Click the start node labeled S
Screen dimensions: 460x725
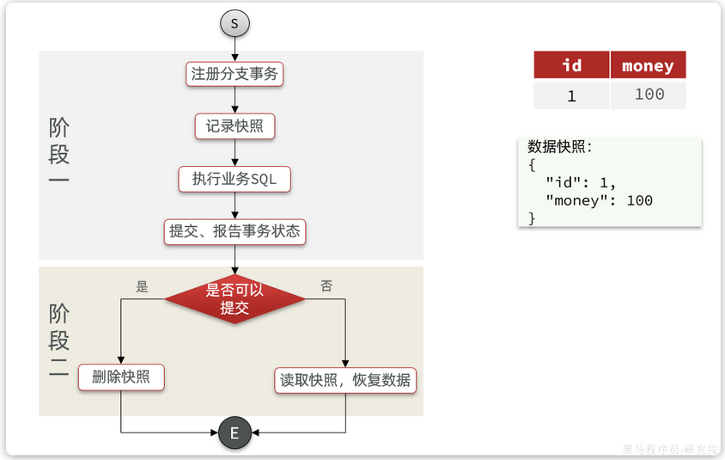(235, 23)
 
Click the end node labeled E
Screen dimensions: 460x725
(235, 432)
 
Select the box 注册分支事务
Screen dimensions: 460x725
(235, 74)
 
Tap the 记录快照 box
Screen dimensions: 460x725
(235, 126)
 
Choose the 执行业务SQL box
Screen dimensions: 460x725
(235, 179)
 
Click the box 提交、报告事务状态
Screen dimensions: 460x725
(235, 231)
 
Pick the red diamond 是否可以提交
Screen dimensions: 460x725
(235, 299)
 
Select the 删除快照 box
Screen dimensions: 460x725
(120, 377)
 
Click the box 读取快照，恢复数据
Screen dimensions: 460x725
(345, 380)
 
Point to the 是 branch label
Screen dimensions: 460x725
(142, 286)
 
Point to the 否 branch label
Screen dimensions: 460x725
(326, 286)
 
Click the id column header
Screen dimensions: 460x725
(571, 65)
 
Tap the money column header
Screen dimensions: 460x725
(648, 65)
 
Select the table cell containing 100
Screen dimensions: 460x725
(649, 95)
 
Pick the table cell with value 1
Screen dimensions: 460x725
(571, 95)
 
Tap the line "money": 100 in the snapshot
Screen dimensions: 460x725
(599, 200)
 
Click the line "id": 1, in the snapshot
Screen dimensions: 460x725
(581, 182)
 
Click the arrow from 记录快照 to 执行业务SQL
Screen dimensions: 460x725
(235, 153)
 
